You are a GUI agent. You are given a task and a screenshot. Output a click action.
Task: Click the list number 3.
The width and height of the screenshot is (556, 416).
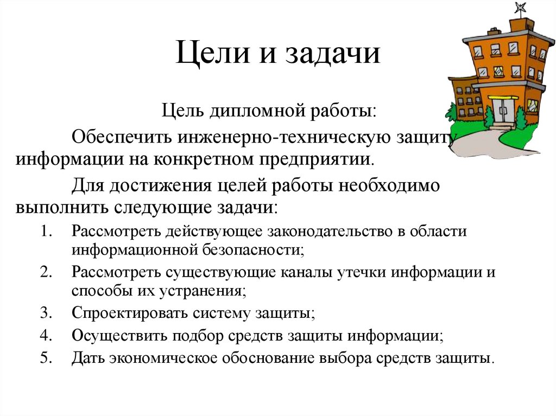click(45, 313)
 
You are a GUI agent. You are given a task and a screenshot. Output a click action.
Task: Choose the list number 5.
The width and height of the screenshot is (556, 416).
click(45, 359)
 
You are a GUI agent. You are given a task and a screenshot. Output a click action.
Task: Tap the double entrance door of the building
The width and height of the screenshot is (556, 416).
click(504, 111)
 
